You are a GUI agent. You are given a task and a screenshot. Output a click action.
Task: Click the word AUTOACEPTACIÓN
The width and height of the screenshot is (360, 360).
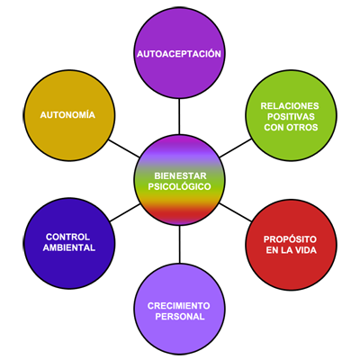(x=179, y=53)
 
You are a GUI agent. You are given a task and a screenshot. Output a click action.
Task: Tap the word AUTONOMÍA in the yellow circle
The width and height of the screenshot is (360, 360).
(x=67, y=114)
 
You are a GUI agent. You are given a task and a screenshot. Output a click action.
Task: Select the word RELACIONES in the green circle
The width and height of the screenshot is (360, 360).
(x=290, y=106)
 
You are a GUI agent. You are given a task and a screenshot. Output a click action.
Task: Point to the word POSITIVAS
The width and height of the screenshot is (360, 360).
(x=291, y=116)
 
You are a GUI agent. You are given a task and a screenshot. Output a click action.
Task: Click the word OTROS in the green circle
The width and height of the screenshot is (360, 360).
(x=302, y=127)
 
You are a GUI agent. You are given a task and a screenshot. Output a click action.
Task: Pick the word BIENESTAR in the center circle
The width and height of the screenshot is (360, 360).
(x=180, y=175)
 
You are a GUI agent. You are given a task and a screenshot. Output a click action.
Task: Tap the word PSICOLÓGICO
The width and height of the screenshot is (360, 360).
(x=179, y=186)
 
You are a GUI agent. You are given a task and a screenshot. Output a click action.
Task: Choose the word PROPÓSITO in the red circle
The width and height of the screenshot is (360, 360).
(x=290, y=239)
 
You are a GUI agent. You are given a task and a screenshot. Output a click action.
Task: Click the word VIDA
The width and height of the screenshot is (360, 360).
(x=305, y=250)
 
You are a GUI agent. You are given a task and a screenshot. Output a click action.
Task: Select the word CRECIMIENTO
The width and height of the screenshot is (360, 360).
(x=178, y=306)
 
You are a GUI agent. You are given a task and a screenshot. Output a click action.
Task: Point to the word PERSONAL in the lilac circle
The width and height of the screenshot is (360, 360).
(x=180, y=317)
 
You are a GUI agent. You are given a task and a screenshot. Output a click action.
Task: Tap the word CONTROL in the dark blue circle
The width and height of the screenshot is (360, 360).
(x=67, y=237)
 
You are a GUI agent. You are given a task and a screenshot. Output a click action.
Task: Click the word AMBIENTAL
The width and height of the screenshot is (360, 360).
(x=69, y=247)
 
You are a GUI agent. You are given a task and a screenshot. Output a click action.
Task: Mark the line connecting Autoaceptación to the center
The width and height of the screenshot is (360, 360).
(x=179, y=116)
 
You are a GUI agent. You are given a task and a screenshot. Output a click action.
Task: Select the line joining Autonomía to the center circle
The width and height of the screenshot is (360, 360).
(x=124, y=148)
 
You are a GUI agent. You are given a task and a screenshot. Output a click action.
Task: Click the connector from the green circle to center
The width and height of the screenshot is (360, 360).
(x=236, y=148)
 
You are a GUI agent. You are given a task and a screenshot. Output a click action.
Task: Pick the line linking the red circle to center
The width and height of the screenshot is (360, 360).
(x=236, y=212)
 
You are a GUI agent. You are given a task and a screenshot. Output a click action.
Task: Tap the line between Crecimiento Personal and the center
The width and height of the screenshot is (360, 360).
(x=180, y=245)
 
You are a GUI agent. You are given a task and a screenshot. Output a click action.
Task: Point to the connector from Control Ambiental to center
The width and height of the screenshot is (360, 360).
(x=125, y=212)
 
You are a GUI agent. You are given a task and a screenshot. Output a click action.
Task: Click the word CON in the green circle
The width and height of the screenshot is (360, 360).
(x=274, y=127)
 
